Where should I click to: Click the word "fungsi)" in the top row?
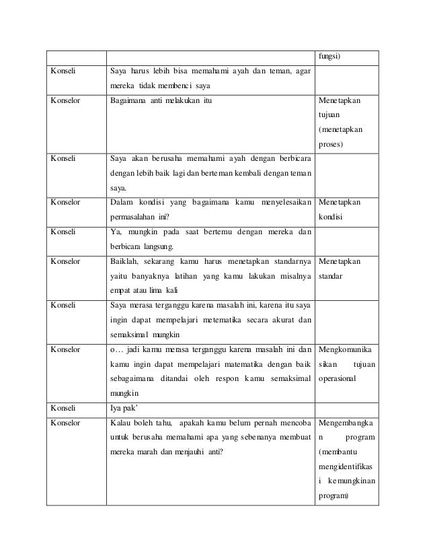(x=329, y=56)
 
